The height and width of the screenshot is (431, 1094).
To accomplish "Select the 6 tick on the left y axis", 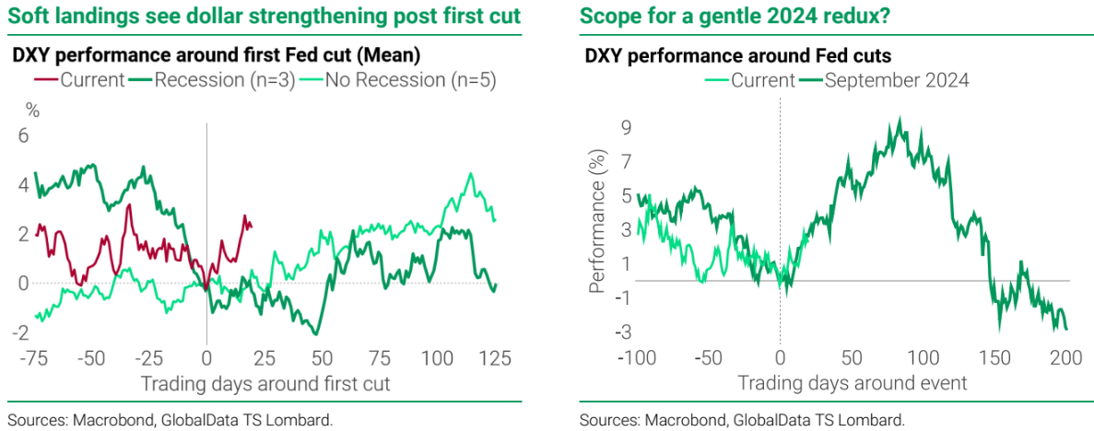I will (x=25, y=135).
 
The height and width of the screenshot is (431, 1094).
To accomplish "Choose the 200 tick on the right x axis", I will (x=1065, y=356).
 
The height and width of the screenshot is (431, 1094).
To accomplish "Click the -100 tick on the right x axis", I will (x=633, y=356).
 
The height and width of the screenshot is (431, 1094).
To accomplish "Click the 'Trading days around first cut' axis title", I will (x=265, y=383).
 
